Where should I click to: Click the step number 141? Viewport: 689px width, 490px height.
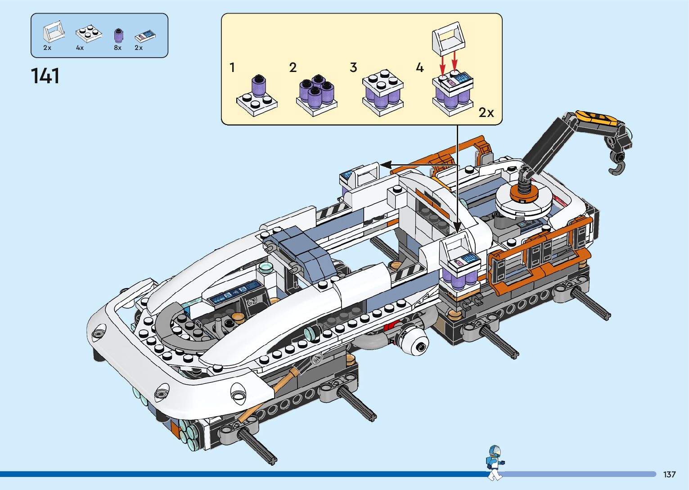tap(45, 76)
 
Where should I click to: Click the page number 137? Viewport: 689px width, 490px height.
tap(669, 474)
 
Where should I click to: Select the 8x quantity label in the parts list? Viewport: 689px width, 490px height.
tap(117, 48)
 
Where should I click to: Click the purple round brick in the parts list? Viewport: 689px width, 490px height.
tap(118, 36)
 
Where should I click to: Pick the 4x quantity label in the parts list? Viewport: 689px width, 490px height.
tap(80, 48)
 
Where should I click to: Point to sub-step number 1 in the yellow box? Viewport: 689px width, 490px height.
tap(232, 68)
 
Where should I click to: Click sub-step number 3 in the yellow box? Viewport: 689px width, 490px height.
tap(353, 68)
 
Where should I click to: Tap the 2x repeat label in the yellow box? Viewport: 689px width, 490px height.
tap(486, 112)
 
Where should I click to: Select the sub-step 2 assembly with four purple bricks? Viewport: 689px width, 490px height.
tap(316, 95)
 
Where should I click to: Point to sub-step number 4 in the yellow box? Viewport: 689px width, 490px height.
tap(419, 68)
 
